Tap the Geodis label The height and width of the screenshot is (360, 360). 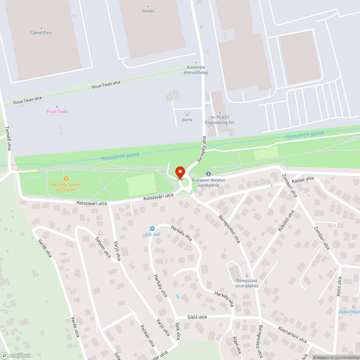[x=148, y=11]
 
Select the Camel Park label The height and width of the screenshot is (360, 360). [x=41, y=33]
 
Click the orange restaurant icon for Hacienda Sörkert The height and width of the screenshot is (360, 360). [x=66, y=179]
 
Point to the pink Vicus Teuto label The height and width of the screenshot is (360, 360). [x=57, y=111]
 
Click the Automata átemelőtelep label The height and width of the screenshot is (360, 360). [x=197, y=70]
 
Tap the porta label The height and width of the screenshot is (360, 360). [x=187, y=120]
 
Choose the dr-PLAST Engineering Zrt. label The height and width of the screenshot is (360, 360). [x=220, y=120]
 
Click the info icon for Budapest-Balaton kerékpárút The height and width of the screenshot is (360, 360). [x=208, y=174]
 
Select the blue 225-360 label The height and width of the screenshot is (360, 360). [x=152, y=234]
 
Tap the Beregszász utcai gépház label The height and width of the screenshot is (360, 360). [x=247, y=283]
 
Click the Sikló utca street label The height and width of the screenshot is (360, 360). [x=197, y=317]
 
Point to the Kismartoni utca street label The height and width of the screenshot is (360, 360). [x=292, y=334]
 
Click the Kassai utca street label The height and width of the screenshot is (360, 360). [x=303, y=179]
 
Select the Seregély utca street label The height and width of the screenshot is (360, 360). [x=201, y=148]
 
